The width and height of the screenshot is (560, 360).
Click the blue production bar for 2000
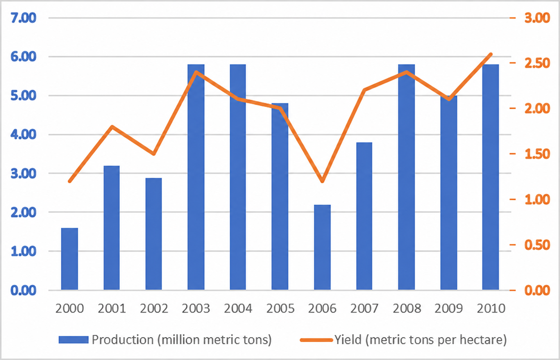click(69, 259)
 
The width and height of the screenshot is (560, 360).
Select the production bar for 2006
click(322, 247)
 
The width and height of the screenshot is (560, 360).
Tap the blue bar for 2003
click(196, 177)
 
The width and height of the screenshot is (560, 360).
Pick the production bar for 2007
click(364, 216)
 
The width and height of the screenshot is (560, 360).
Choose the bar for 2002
click(154, 234)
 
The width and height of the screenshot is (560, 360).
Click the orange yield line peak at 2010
click(491, 54)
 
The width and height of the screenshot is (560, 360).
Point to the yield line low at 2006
click(322, 181)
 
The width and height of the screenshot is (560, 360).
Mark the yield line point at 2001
click(112, 126)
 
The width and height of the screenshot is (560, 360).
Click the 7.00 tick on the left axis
click(23, 18)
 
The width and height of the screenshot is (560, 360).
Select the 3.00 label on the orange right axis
click(537, 18)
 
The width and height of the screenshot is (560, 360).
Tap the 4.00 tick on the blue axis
click(23, 135)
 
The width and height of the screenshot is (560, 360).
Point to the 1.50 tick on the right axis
click(537, 154)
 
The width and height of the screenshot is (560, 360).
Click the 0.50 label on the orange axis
click(537, 245)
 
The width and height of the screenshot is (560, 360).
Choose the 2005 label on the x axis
click(280, 309)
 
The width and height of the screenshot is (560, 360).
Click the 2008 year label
click(407, 309)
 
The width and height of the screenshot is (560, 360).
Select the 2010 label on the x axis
click(491, 309)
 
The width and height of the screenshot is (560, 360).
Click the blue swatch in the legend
click(73, 340)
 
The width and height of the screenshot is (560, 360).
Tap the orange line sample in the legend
click(316, 340)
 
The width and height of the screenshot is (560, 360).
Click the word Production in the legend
click(123, 340)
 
